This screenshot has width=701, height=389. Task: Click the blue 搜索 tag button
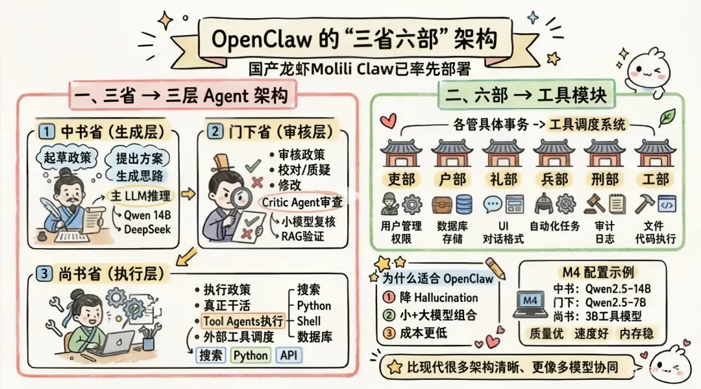(x=210, y=355)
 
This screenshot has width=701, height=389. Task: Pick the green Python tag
(x=251, y=355)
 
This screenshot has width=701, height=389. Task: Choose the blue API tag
(x=289, y=355)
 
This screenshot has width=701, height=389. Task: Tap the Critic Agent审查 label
(x=302, y=202)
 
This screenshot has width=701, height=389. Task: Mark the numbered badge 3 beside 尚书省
(x=43, y=275)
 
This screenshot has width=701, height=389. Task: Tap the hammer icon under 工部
(x=644, y=205)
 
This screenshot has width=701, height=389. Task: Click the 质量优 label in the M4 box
(x=545, y=333)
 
